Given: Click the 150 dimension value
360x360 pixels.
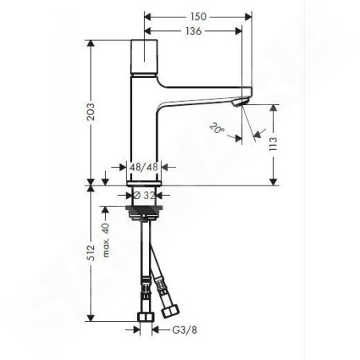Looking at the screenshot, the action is pos(198,17).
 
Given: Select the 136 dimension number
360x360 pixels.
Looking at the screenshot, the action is pos(194,31).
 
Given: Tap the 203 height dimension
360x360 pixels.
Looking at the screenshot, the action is pos(91,112).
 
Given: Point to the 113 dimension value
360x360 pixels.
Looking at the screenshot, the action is pos(273,144).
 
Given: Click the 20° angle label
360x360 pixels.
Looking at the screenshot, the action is pos(217,128).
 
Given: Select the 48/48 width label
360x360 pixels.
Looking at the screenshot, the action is pos(144,167).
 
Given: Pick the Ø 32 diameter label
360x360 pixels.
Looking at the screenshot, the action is pos(143,196).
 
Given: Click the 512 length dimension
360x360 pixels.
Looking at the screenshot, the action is pos(91,252).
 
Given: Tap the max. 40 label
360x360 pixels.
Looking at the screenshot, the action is pos(106,241).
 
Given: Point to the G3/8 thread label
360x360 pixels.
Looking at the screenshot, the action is pos(185,330).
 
